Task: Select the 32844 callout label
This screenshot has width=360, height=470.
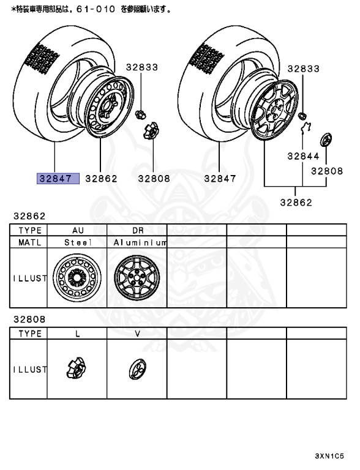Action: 303,156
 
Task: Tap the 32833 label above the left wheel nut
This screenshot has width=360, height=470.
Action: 142,67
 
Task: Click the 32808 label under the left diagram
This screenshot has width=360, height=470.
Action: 154,179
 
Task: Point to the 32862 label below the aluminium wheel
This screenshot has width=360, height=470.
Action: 296,203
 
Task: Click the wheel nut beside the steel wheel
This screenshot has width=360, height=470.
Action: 140,114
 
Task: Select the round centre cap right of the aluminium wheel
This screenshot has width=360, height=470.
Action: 326,140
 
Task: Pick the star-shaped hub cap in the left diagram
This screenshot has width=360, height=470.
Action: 151,132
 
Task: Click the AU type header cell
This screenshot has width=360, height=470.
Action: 78,231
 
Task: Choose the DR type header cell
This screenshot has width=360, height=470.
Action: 138,231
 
